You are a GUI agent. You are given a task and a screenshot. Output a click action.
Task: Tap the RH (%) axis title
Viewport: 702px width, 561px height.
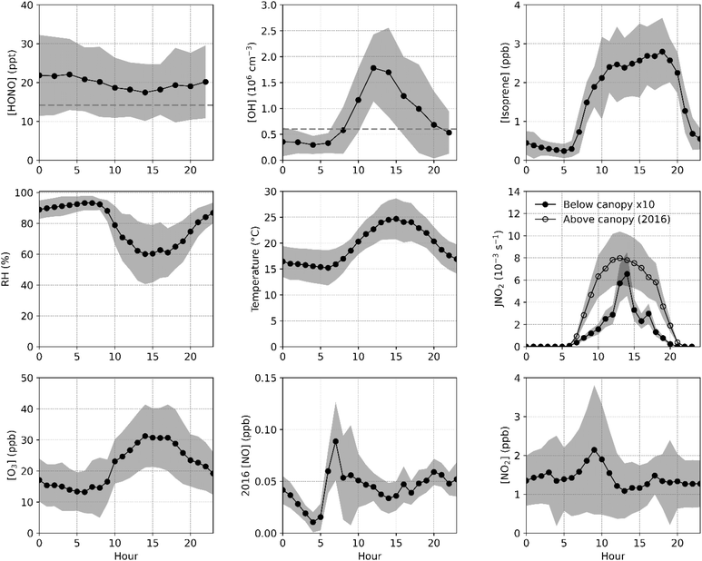pos(8,270)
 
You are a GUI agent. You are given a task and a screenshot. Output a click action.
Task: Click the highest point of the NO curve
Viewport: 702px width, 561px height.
pos(335,441)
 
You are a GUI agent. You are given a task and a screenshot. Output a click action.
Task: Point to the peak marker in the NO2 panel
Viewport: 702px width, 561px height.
pos(594,450)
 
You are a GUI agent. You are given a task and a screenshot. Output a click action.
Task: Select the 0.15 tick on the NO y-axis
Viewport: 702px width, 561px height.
pos(264,378)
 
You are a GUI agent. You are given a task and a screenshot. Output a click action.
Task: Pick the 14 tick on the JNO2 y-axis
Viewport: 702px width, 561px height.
pos(512,192)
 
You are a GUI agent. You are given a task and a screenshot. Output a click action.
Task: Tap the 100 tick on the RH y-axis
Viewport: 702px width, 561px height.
pos(20,192)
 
